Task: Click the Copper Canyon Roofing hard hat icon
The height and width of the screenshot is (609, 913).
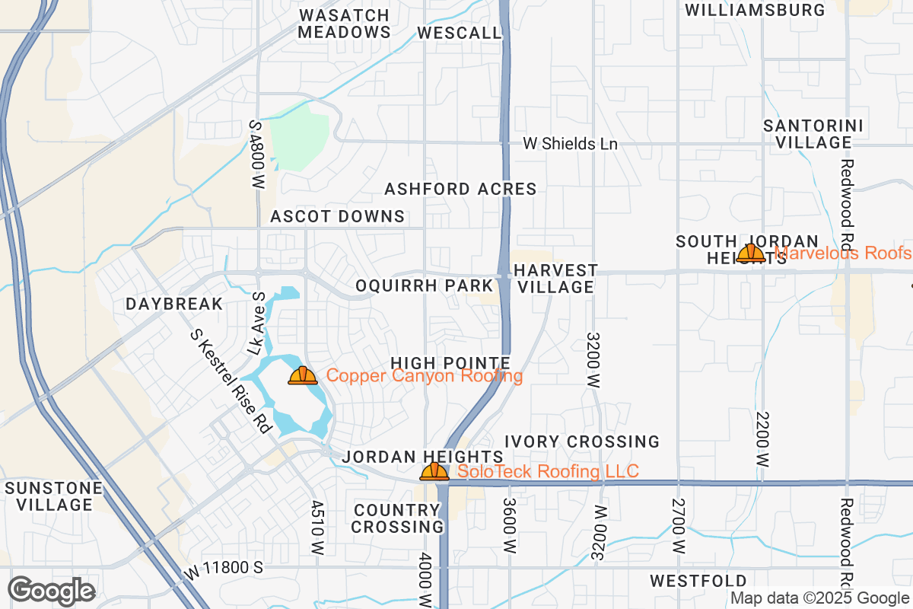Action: [x=303, y=375]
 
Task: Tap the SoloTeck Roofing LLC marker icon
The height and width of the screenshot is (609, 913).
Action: [x=434, y=471]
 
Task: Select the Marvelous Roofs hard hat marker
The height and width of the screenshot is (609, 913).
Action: [x=751, y=253]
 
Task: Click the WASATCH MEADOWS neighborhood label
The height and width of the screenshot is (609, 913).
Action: [x=344, y=24]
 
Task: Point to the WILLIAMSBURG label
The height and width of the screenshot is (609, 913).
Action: [x=755, y=10]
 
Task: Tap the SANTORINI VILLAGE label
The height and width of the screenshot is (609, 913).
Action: [x=813, y=134]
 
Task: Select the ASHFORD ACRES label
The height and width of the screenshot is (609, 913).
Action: [x=460, y=189]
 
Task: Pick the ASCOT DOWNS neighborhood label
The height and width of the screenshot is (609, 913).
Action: [x=338, y=217]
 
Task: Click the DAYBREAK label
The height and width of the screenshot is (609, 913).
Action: [x=174, y=304]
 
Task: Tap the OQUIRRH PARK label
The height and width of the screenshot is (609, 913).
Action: [x=425, y=285]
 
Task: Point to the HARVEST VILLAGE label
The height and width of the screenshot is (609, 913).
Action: [x=555, y=279]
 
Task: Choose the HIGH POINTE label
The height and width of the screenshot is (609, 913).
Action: [x=450, y=362]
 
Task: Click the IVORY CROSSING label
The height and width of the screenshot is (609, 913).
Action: [x=582, y=442]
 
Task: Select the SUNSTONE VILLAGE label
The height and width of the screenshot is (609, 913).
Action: [x=52, y=496]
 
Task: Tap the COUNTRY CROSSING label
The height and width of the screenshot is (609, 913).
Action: [x=398, y=518]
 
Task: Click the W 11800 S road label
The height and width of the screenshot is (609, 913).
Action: [x=224, y=568]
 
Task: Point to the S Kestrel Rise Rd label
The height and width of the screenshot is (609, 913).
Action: [x=231, y=381]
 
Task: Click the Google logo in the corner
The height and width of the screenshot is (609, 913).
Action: [x=51, y=591]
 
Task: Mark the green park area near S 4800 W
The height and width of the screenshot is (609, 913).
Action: [x=299, y=137]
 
